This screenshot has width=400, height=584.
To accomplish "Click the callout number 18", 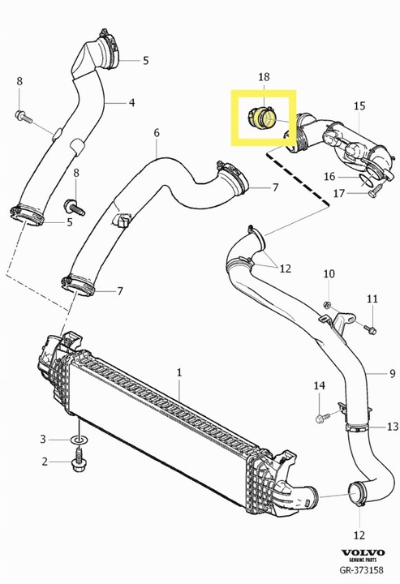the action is (264, 77).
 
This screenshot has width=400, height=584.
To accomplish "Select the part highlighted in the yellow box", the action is (263, 118).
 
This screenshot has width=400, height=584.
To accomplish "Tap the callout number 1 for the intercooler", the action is (179, 372).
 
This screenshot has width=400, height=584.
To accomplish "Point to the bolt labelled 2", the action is (78, 461).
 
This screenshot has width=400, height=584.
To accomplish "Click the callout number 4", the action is (131, 102).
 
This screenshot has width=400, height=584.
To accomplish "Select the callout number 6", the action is (157, 132).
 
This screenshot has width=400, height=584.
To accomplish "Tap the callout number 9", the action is (392, 373).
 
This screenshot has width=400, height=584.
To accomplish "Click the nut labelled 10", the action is (327, 305).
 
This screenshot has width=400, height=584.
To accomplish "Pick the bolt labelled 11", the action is (371, 329).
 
